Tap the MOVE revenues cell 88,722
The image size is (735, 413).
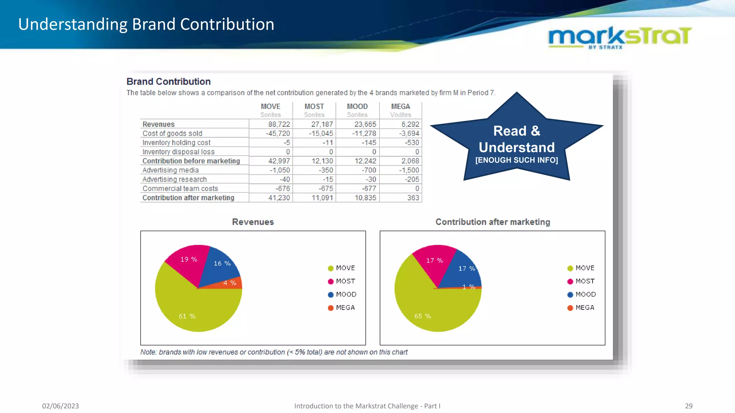click(279, 124)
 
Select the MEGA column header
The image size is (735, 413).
click(401, 106)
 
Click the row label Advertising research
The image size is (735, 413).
click(174, 179)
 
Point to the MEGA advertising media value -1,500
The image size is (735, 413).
click(409, 170)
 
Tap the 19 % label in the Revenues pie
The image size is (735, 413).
click(188, 259)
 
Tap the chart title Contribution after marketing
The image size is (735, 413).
click(492, 222)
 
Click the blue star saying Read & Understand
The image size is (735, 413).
click(516, 143)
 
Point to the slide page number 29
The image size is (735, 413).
click(688, 406)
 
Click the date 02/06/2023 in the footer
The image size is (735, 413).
click(60, 406)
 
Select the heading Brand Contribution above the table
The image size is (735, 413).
click(168, 81)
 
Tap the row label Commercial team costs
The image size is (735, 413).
click(180, 189)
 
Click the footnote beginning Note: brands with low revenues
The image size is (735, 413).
click(274, 352)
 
